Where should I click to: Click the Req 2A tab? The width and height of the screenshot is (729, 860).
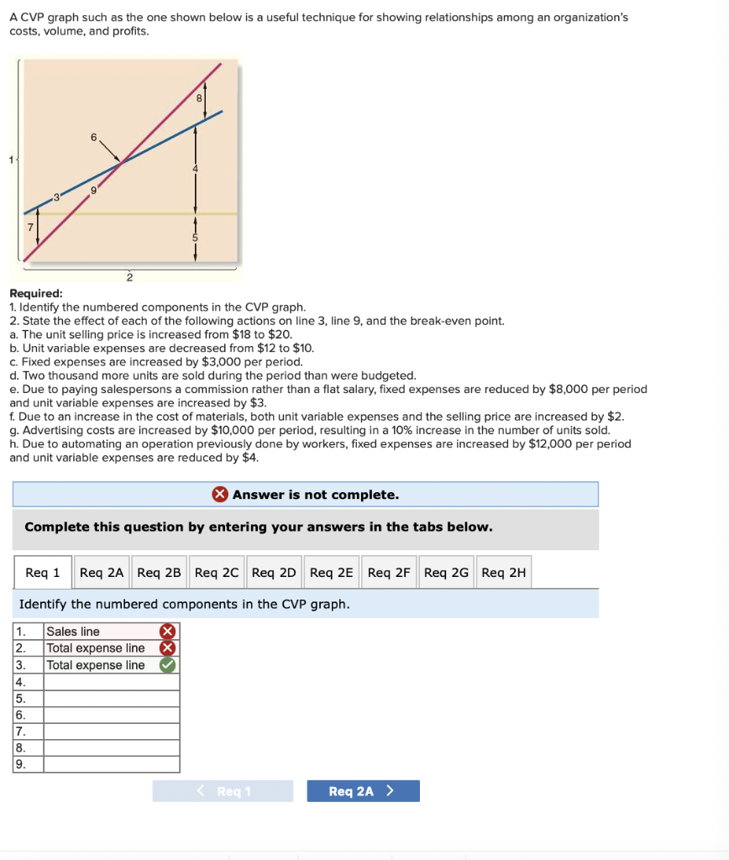pos(102,573)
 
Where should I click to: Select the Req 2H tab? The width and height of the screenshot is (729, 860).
pos(504,573)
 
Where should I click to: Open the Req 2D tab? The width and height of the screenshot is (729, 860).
pos(274,573)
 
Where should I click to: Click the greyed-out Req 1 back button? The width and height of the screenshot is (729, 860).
pos(223,791)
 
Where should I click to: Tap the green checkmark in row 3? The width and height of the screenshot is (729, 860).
pos(168,665)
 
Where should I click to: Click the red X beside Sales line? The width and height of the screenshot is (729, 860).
pos(168,632)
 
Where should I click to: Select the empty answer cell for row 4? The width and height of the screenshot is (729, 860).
pos(111,682)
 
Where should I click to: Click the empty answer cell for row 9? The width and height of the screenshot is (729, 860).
pos(111,764)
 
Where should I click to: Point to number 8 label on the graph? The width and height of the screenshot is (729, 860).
pos(199,98)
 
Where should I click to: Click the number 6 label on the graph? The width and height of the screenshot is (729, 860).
pos(94,137)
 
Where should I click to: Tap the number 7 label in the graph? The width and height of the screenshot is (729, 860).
pos(29,228)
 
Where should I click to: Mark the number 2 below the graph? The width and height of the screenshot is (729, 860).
pos(129,276)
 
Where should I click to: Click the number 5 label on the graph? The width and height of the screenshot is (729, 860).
pos(196,238)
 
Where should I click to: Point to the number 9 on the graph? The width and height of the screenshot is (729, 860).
pos(94,191)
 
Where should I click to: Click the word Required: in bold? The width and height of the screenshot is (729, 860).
pos(35,293)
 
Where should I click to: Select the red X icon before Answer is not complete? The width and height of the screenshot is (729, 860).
pos(220,495)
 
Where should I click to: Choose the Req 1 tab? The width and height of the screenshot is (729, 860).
pos(43,573)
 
